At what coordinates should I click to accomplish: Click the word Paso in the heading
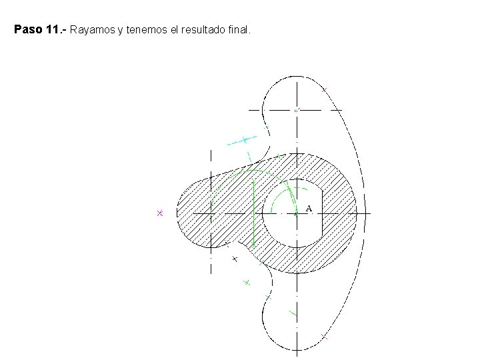(x=27, y=30)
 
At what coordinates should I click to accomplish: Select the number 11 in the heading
(x=55, y=30)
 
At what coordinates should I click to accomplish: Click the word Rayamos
(x=93, y=30)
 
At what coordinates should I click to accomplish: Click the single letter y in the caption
(x=121, y=31)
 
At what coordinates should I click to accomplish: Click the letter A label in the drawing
(x=309, y=209)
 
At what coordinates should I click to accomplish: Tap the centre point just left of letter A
(x=296, y=213)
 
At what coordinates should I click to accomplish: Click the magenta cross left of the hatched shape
(x=160, y=213)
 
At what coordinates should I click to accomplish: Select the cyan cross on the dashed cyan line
(x=245, y=140)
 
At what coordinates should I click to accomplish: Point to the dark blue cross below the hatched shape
(x=235, y=259)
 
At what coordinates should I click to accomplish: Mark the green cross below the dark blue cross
(x=246, y=283)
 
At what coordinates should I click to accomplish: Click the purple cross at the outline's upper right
(x=325, y=89)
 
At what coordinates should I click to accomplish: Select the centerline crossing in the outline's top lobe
(x=297, y=109)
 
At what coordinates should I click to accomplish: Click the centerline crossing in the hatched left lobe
(x=211, y=213)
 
